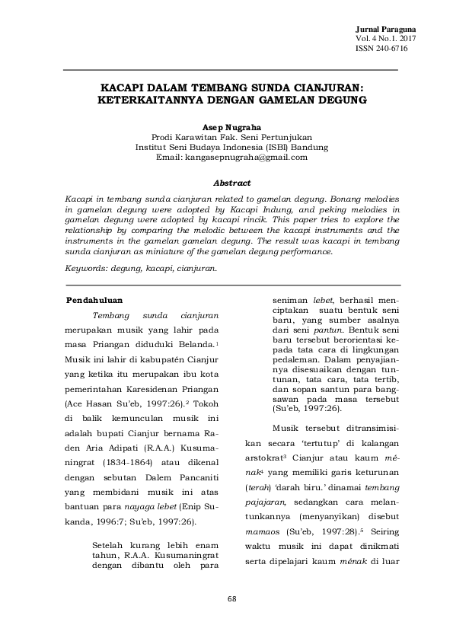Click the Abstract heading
click(231, 183)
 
